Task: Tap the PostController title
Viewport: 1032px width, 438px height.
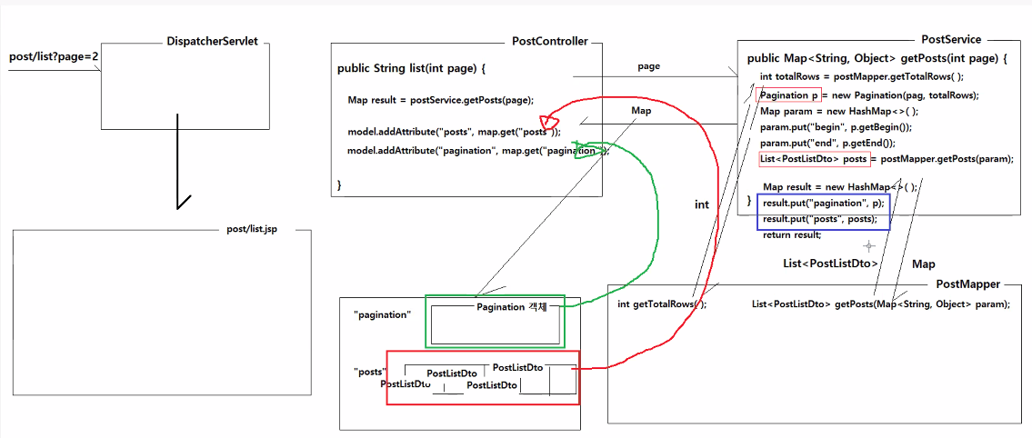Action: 550,42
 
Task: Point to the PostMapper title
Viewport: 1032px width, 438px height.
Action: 968,284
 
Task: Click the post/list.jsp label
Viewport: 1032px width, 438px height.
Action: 252,229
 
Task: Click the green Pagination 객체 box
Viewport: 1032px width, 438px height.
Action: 495,321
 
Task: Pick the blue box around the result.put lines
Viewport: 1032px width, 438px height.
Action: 823,211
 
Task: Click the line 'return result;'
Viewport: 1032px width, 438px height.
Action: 792,234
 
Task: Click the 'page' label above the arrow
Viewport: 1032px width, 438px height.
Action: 649,66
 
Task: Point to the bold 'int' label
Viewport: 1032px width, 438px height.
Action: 702,204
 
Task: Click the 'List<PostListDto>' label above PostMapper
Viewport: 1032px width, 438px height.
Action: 831,264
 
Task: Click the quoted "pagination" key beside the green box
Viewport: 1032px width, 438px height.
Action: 383,314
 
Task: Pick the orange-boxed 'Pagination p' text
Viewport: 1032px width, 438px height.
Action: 789,95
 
